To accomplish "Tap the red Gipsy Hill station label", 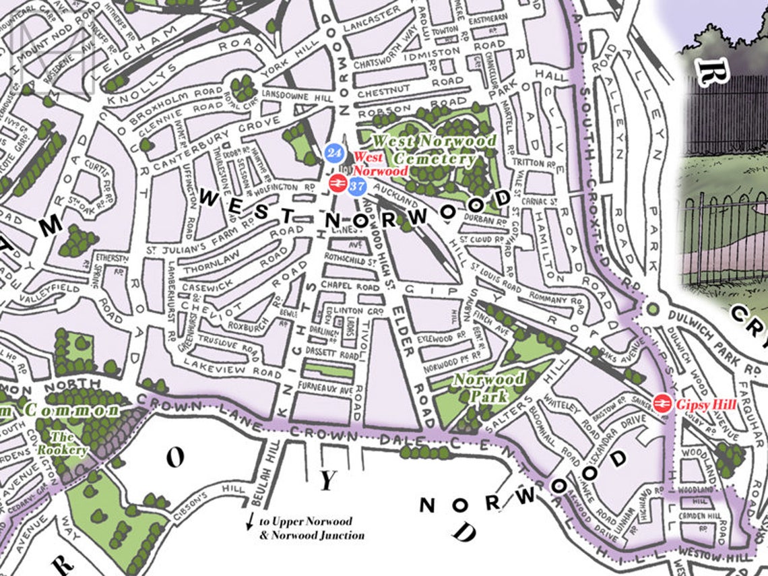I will [707, 404].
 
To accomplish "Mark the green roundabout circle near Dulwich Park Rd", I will [651, 309].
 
